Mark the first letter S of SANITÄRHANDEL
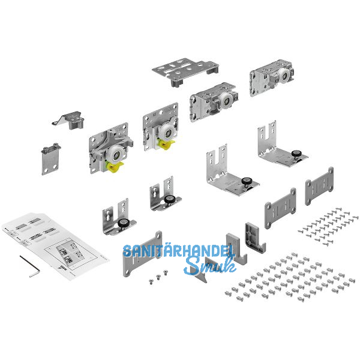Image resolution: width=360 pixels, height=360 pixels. pos(128,253)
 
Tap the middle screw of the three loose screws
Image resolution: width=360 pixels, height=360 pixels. pos(154,277)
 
